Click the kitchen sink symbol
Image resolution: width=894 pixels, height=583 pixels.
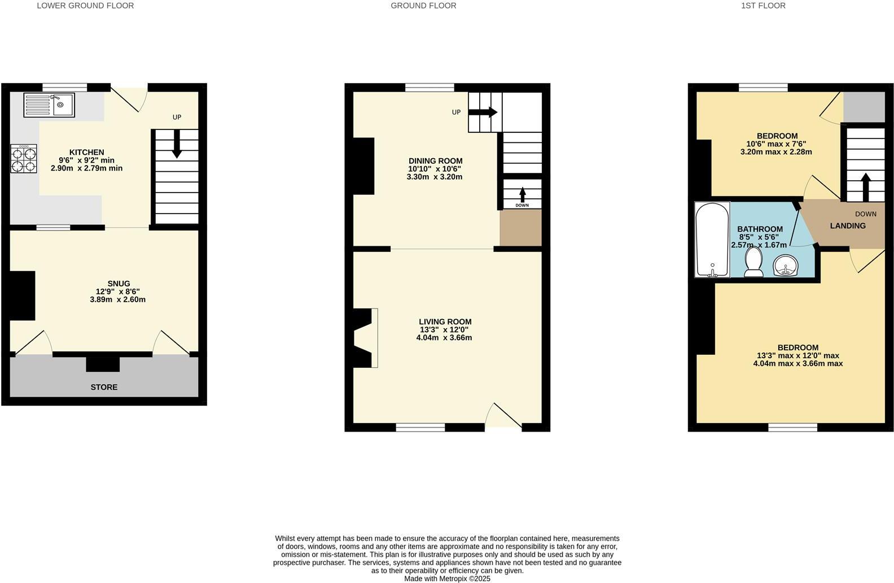point(49,105)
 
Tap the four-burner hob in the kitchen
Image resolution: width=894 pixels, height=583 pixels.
point(24,159)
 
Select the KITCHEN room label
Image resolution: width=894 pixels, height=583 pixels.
point(86,153)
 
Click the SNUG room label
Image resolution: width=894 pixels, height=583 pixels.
point(119,284)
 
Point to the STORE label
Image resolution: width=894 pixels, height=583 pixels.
point(104,387)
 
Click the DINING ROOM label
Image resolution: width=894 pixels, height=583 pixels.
point(435,161)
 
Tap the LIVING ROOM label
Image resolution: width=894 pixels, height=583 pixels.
point(445,322)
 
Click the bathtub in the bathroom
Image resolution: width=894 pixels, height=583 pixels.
point(712,240)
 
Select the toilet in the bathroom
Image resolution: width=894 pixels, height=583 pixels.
point(753,263)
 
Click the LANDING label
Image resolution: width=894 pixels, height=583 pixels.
point(847,226)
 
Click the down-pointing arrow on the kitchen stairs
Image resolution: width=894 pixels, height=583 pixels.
point(177,145)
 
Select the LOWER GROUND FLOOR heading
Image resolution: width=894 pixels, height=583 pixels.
point(85,6)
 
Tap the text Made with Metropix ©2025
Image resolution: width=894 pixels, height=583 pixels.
point(447,578)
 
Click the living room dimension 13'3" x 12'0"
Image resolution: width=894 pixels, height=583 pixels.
point(444,330)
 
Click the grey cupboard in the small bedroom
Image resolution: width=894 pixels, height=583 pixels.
point(864,107)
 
